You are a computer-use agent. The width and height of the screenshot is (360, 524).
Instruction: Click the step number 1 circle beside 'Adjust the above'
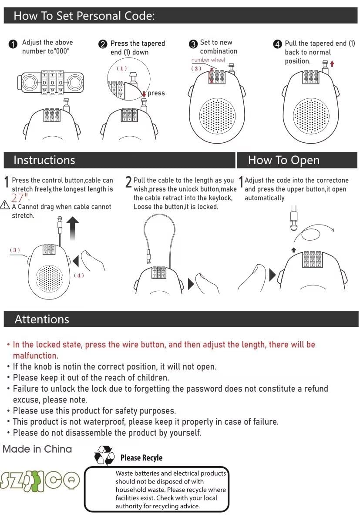(13, 44)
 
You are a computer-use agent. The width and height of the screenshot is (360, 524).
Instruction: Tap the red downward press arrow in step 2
(144, 93)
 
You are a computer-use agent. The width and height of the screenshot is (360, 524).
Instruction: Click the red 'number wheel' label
(208, 60)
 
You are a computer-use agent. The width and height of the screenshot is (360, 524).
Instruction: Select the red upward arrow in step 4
(332, 64)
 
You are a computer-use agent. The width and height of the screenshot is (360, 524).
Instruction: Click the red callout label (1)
(121, 68)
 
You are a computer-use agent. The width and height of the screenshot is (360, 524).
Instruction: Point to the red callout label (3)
(15, 250)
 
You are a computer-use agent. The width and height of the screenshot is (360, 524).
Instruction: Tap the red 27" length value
(17, 198)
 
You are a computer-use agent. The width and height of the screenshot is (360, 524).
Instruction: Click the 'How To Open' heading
(283, 160)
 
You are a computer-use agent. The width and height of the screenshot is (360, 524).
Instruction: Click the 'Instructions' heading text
(44, 160)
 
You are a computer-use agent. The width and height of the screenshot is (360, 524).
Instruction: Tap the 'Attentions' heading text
(42, 319)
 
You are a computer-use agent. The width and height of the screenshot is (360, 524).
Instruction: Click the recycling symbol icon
(104, 456)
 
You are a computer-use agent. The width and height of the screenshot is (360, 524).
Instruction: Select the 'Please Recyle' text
(141, 457)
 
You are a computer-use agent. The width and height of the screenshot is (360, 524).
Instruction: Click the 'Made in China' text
(37, 449)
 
